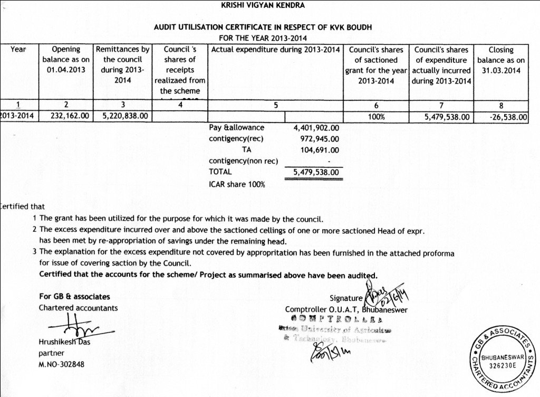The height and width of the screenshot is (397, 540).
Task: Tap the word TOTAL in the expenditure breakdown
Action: pos(220,172)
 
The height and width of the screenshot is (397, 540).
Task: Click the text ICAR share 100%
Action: pos(237,184)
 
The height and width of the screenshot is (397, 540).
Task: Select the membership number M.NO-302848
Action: pos(61,364)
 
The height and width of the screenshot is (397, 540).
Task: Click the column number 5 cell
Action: pos(276,105)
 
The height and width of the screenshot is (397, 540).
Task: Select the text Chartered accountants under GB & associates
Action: pos(79,307)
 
